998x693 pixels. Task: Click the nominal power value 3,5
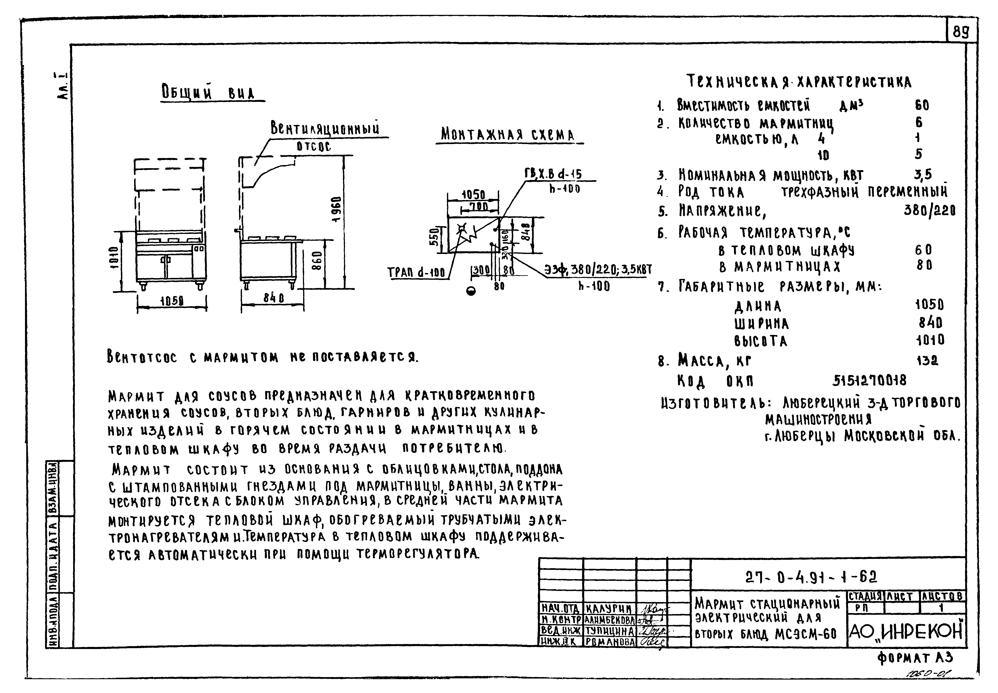click(922, 175)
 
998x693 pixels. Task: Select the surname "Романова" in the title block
click(610, 641)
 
